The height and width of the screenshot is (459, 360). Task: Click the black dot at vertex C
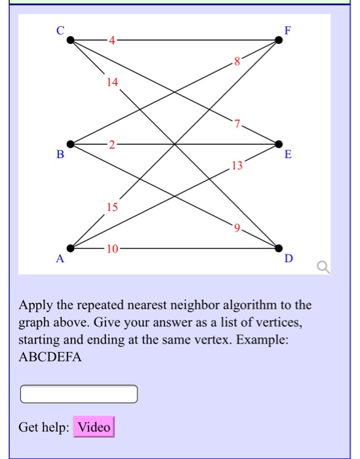[x=70, y=40]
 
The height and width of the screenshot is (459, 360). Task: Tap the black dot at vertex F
[x=279, y=40]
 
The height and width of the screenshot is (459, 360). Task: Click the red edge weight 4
[x=111, y=40]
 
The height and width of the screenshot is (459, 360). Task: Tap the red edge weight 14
[x=111, y=83]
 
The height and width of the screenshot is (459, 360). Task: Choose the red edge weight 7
[x=237, y=123]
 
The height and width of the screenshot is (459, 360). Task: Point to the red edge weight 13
[x=237, y=166]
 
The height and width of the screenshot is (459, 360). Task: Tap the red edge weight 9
[x=237, y=228]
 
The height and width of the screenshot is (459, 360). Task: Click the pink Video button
[x=94, y=428]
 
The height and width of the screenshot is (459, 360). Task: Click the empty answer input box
[x=79, y=394]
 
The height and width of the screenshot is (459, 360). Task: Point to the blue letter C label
[x=60, y=30]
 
